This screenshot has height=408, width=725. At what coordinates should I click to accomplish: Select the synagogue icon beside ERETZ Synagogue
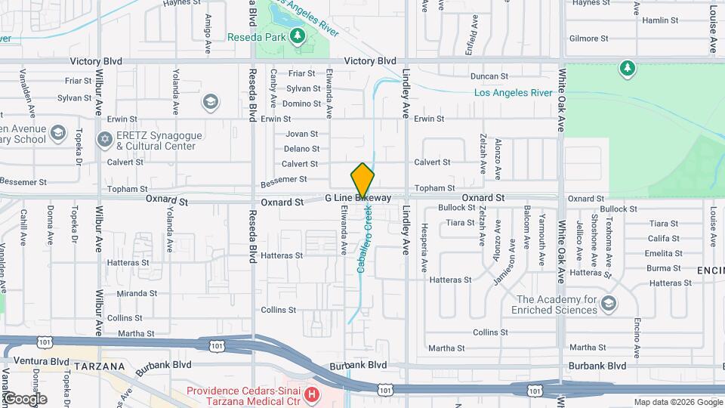click(104, 139)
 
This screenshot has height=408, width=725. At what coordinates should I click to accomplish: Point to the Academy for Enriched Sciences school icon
click(609, 304)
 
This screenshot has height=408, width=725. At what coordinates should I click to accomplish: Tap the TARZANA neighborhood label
click(100, 366)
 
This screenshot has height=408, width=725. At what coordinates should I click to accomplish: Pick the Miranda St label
click(137, 293)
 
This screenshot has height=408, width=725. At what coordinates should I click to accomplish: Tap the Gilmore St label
click(590, 38)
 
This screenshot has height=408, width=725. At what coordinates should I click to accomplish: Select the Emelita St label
click(664, 253)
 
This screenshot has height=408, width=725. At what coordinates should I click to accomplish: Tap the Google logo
click(24, 398)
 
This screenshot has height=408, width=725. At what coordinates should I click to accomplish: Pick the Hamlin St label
click(662, 21)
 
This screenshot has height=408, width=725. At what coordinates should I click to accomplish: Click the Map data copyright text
click(677, 402)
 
